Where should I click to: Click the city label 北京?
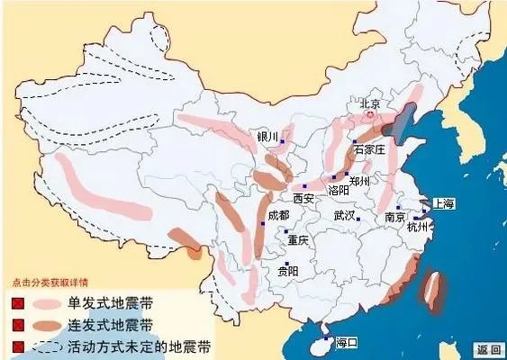pos(370,103)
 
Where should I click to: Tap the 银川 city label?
pos(267,137)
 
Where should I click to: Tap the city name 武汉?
pos(344,216)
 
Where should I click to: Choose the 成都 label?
pos(278,216)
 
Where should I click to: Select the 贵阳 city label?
pos(288,270)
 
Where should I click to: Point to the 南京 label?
pos(394,218)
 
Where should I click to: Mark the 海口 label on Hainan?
pos(347,343)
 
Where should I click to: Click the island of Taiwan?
pos(431,290)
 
